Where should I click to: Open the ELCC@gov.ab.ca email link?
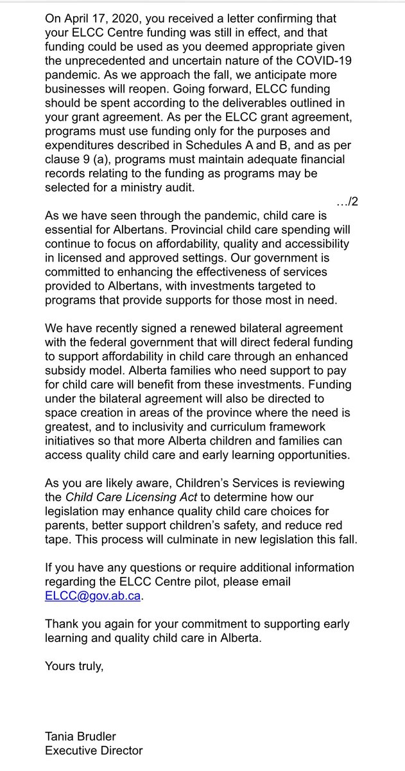pyautogui.click(x=92, y=596)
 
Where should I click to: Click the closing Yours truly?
pyautogui.click(x=74, y=666)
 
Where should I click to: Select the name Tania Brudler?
pyautogui.click(x=80, y=736)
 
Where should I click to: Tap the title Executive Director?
pyautogui.click(x=94, y=750)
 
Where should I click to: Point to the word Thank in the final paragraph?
pyautogui.click(x=60, y=625)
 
